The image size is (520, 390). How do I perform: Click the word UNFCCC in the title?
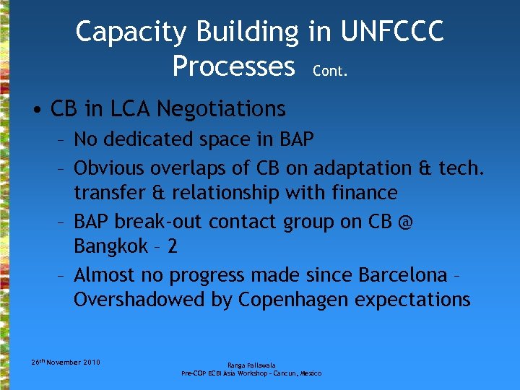click(392, 32)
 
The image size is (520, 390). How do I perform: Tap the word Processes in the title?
click(234, 66)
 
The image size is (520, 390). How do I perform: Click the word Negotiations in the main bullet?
click(221, 110)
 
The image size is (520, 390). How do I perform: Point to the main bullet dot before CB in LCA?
click(36, 110)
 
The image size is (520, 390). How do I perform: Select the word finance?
click(363, 194)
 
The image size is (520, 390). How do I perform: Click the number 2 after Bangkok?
click(171, 247)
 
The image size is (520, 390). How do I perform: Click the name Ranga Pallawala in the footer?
click(251, 365)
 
